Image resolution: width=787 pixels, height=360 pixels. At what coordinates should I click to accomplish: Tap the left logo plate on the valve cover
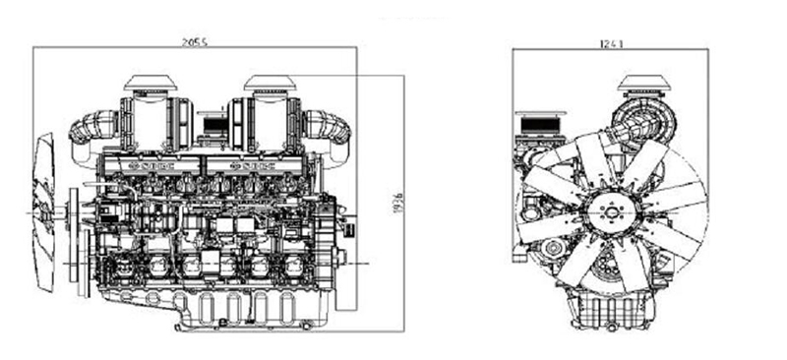coord(148,167)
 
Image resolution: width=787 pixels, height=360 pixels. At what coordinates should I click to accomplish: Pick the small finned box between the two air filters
coord(211,124)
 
